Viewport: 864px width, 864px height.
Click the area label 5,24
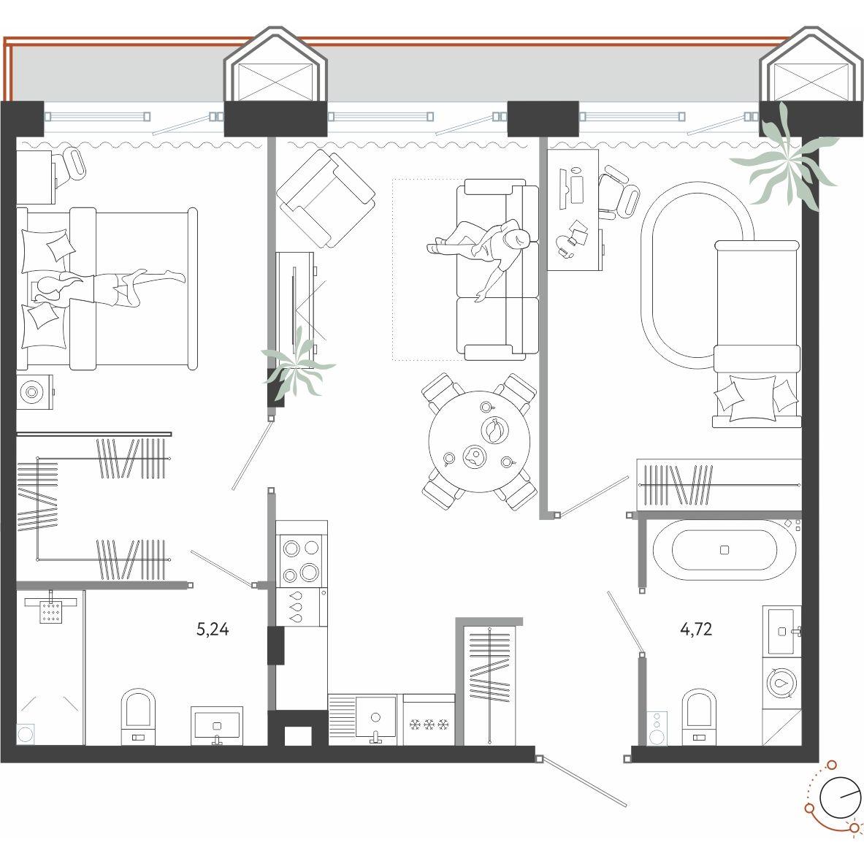(x=212, y=629)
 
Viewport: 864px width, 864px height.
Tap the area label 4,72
(x=697, y=629)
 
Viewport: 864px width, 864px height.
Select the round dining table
(x=479, y=441)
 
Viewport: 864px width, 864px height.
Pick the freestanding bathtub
(x=725, y=550)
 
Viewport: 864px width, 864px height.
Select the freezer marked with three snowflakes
(x=429, y=719)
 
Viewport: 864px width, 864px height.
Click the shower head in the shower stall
(x=50, y=611)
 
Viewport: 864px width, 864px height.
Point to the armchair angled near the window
(x=326, y=199)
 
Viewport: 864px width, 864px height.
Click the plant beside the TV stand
(x=297, y=362)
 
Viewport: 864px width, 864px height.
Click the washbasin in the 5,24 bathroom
(x=217, y=725)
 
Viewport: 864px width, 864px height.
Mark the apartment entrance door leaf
(x=583, y=782)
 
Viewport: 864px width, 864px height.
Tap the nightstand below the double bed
(x=34, y=391)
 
